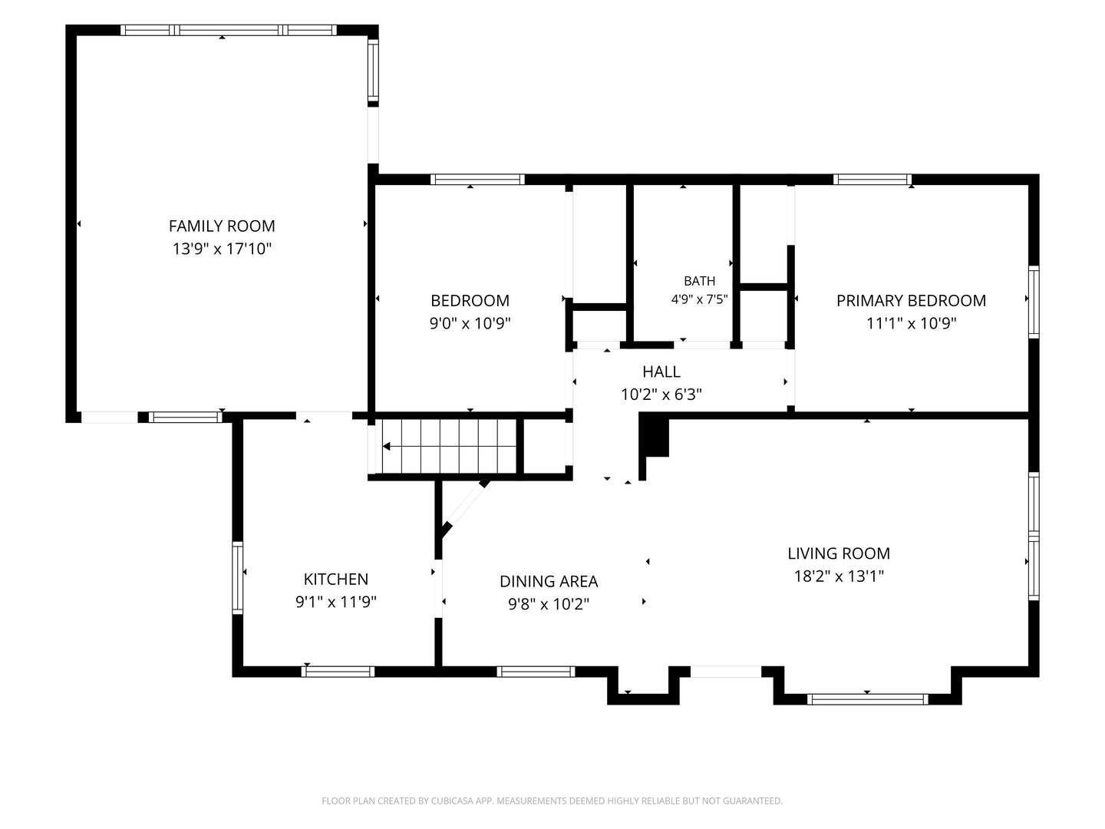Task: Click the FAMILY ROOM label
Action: click(x=222, y=226)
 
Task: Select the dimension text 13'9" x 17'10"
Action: click(x=222, y=249)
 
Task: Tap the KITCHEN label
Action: click(x=336, y=579)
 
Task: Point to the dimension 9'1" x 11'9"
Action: click(x=336, y=602)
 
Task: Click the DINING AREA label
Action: click(x=549, y=581)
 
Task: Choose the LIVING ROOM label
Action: click(x=839, y=553)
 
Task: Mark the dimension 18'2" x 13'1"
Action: click(x=839, y=576)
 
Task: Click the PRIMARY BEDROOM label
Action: click(x=911, y=300)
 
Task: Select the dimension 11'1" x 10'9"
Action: click(x=911, y=323)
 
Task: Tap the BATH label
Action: click(x=699, y=280)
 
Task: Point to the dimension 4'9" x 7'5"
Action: click(x=699, y=299)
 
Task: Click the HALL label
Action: click(x=661, y=372)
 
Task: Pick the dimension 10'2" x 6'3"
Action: click(x=661, y=394)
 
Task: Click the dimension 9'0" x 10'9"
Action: click(x=470, y=323)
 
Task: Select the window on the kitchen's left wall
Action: click(x=237, y=578)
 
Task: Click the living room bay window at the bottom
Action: click(x=867, y=699)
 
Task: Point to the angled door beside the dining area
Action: click(x=466, y=507)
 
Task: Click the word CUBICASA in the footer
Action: click(x=453, y=801)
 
